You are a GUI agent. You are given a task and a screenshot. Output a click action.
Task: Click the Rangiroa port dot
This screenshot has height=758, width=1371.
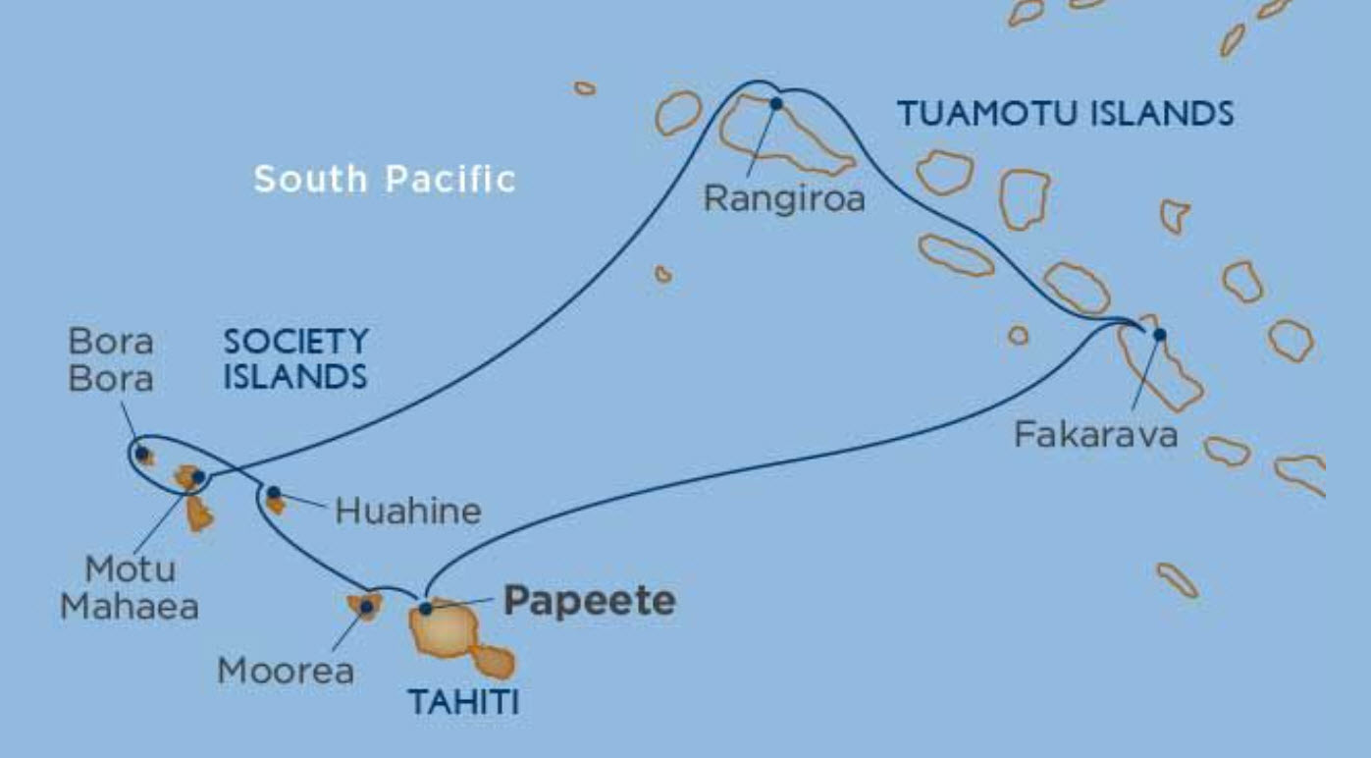coord(776,103)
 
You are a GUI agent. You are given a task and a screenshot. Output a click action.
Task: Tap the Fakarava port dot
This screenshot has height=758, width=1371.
coord(1159,334)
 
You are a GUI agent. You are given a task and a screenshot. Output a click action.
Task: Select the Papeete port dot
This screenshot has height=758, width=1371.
coord(426,609)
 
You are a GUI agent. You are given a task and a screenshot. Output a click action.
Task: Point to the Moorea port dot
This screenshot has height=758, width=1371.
coord(366,607)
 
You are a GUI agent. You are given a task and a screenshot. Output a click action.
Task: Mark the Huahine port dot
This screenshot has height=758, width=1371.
coord(274,493)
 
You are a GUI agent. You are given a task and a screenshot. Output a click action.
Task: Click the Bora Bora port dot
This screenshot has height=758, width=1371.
coord(142,454)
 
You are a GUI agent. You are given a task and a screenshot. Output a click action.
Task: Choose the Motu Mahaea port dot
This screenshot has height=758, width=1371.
coord(198,477)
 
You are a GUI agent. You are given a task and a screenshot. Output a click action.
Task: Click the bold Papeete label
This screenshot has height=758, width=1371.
coord(589,602)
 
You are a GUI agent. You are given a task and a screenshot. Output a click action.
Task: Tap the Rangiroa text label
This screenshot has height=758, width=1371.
coord(785,199)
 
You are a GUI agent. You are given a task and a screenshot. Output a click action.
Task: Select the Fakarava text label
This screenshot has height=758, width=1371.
coord(1095,434)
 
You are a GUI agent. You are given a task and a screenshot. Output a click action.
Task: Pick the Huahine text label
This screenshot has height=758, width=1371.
coord(408,511)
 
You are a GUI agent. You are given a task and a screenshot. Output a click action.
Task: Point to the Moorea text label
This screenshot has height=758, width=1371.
coord(286,672)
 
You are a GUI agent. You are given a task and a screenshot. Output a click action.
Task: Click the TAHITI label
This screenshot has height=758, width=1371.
coord(462,702)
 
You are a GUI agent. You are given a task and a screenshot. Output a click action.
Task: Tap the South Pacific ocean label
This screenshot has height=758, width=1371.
coord(385,179)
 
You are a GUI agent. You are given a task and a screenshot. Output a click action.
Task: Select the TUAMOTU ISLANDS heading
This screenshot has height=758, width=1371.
coord(1066,115)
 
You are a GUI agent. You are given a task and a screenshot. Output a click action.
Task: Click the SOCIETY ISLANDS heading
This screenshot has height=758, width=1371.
coord(295,358)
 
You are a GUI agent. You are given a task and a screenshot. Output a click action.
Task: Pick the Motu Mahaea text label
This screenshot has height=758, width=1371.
coord(130,587)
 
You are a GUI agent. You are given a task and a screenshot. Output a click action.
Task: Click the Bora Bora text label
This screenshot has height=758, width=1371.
coord(111,359)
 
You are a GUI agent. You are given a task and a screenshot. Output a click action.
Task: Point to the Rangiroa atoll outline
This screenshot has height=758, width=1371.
coord(785,138)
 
